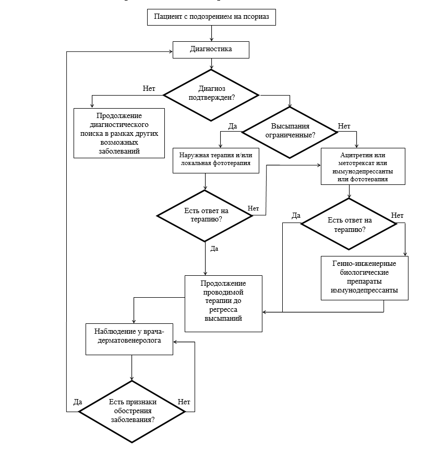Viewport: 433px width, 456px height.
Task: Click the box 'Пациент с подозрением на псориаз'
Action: pyautogui.click(x=211, y=17)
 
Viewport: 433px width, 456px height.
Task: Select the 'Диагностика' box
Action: pyautogui.click(x=211, y=50)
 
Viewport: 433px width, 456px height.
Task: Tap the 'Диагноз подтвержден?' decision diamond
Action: pyautogui.click(x=211, y=95)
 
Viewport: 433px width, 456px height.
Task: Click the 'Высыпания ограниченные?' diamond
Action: pyautogui.click(x=290, y=133)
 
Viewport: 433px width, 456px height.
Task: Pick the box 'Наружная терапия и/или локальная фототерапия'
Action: pyautogui.click(x=216, y=160)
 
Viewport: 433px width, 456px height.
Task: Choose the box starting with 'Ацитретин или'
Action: pyautogui.click(x=363, y=166)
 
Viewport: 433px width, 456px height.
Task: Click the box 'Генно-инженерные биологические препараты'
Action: pyautogui.click(x=365, y=278)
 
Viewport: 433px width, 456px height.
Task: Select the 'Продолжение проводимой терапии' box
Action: pyautogui.click(x=223, y=303)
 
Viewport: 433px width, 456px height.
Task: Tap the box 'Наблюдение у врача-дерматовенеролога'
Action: pyautogui.click(x=129, y=339)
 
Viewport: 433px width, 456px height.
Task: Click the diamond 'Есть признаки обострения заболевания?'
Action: pyautogui.click(x=132, y=412)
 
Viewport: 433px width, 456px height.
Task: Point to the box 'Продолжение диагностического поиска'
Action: pyautogui.click(x=119, y=133)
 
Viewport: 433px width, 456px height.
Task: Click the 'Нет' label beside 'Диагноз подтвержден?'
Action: pyautogui.click(x=149, y=88)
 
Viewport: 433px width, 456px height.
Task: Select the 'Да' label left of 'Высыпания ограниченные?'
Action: pyautogui.click(x=233, y=126)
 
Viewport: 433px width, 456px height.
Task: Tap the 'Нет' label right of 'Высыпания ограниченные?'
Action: pyautogui.click(x=344, y=126)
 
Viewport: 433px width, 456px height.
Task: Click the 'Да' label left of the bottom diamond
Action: pyautogui.click(x=78, y=402)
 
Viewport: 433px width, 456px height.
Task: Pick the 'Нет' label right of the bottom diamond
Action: pyautogui.click(x=184, y=402)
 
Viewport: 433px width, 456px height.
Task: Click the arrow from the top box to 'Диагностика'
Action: pyautogui.click(x=211, y=33)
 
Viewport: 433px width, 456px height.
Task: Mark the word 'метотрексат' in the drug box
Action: pyautogui.click(x=352, y=163)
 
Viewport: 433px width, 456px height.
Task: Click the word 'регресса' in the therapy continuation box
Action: pyautogui.click(x=223, y=310)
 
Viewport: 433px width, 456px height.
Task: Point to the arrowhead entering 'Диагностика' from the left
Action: pyautogui.click(x=171, y=52)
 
